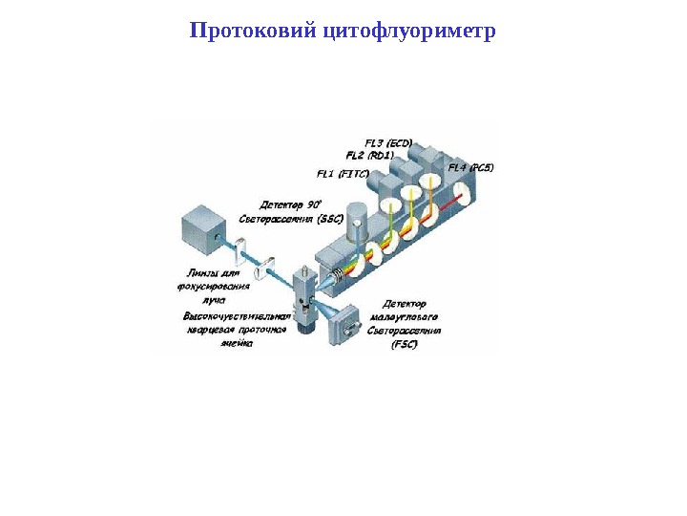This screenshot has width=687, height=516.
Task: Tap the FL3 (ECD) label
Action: (x=388, y=142)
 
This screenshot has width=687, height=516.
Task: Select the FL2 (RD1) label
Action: (x=370, y=155)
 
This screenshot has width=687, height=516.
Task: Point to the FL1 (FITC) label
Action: (x=343, y=174)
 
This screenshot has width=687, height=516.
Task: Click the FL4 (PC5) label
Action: (x=470, y=168)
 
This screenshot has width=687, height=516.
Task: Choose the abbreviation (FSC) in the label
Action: (x=405, y=345)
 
